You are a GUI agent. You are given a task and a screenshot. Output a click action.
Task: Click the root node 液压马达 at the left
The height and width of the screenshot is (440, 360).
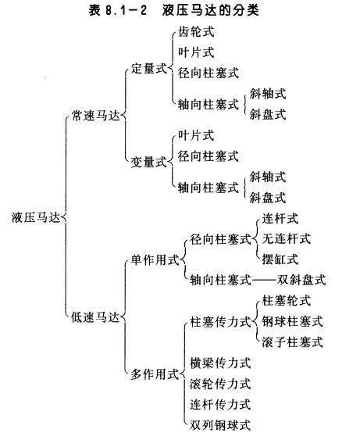tap(36, 217)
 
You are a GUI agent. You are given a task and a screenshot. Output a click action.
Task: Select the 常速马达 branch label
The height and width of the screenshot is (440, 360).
tap(95, 116)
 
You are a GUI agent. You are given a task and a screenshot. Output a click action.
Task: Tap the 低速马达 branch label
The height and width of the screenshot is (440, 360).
tap(95, 317)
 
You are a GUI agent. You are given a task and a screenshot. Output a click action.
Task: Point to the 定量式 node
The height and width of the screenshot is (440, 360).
tap(149, 69)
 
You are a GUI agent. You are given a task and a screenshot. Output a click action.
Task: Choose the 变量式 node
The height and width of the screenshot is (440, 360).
tap(149, 163)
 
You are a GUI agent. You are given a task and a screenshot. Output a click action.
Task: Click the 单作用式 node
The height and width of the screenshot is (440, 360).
tap(155, 260)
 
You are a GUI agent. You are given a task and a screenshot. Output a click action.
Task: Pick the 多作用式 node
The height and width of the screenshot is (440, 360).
tap(155, 374)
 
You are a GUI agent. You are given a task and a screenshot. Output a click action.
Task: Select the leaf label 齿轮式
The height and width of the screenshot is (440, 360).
tap(196, 32)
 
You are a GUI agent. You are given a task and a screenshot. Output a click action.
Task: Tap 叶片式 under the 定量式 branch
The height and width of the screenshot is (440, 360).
tap(196, 52)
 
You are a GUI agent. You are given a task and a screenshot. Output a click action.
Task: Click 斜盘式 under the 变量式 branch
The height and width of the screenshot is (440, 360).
tap(268, 198)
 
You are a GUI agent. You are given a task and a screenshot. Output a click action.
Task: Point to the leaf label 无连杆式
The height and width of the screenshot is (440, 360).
tap(287, 239)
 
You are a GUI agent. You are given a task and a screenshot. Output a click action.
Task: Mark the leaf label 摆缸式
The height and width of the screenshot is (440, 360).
tap(280, 259)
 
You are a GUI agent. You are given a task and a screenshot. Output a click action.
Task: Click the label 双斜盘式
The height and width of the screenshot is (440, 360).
tap(301, 280)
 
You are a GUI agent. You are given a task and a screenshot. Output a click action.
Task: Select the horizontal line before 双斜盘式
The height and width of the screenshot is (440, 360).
tap(265, 280)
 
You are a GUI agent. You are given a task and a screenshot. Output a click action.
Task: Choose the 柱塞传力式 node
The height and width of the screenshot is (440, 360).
tap(220, 322)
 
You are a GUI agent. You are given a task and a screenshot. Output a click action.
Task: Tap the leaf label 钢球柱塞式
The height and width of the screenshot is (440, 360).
tap(293, 321)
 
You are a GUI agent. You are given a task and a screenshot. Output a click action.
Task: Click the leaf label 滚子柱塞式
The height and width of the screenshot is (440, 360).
tap(293, 342)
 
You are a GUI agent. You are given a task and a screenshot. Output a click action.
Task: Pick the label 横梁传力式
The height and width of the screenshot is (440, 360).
tap(220, 363)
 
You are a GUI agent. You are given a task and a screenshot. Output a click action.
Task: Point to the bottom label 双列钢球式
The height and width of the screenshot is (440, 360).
tap(220, 425)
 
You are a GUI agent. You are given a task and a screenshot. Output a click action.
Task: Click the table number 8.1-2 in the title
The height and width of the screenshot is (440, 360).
tap(126, 11)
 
